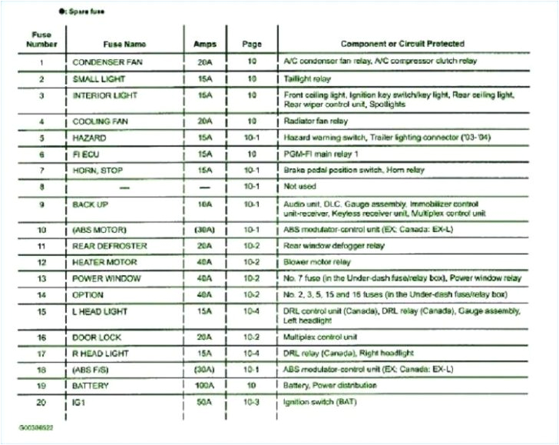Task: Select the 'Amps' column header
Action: tap(205, 45)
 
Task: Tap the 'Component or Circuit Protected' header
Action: tap(402, 44)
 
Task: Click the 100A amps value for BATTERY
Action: tap(205, 384)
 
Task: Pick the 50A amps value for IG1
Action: tap(205, 401)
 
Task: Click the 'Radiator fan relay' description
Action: tap(316, 121)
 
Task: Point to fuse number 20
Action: tap(41, 401)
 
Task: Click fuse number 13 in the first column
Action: tap(41, 278)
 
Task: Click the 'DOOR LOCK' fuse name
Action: tap(96, 337)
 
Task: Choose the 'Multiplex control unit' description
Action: tap(319, 337)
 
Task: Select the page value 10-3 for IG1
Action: tap(250, 401)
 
